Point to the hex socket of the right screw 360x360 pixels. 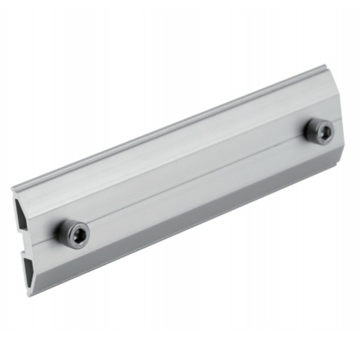(x=325, y=131)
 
